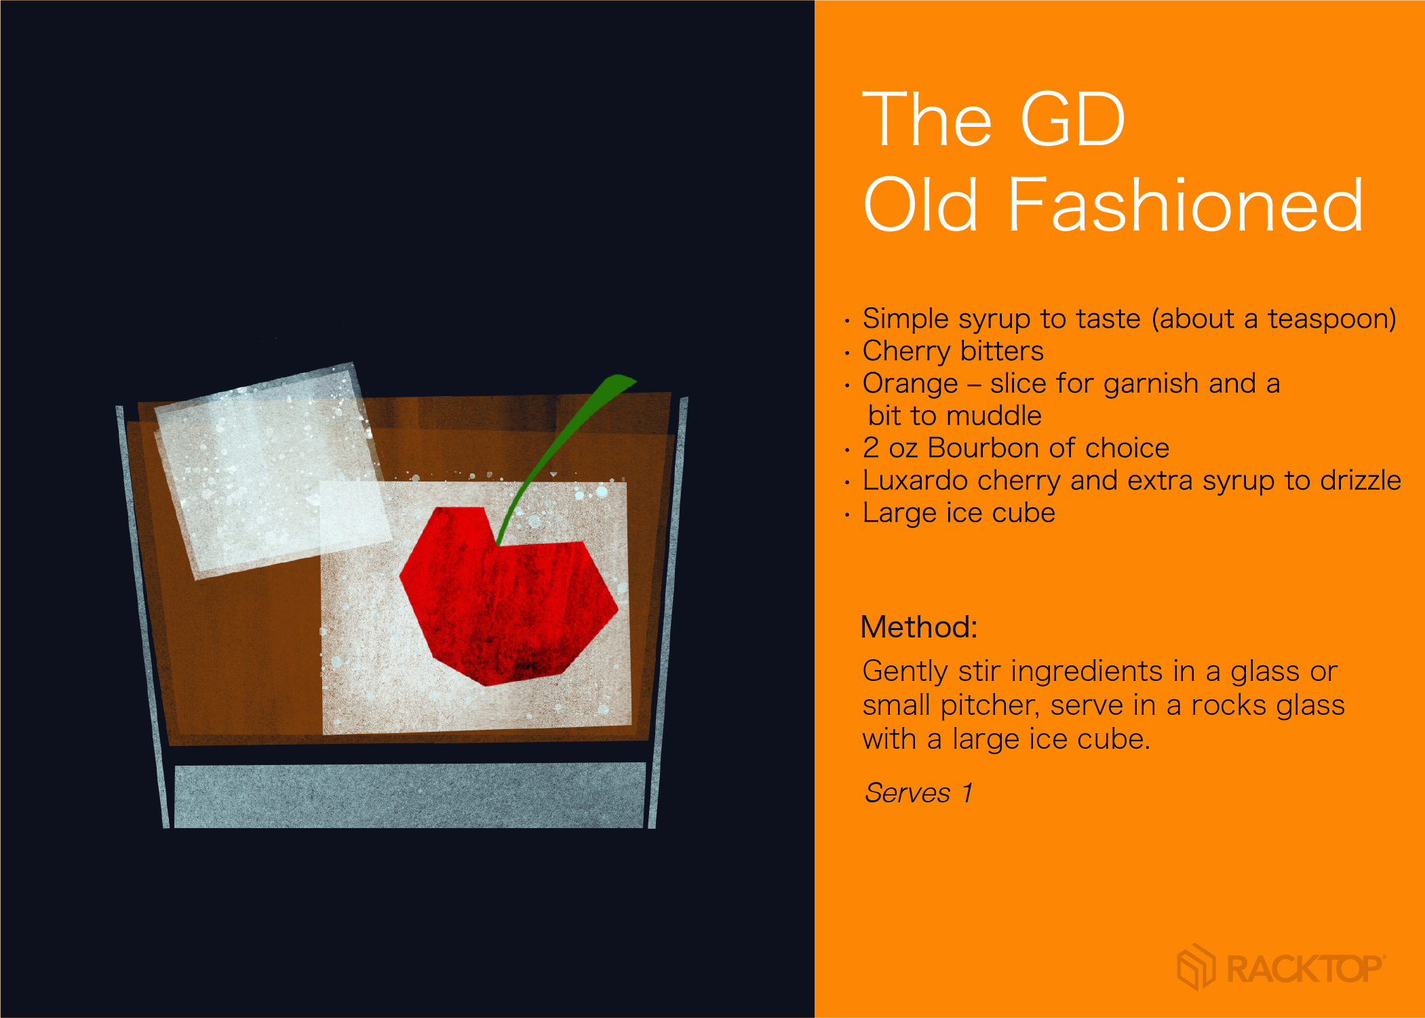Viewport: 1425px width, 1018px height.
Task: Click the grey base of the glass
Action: pyautogui.click(x=410, y=795)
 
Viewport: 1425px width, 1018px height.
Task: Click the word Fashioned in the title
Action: pyautogui.click(x=1186, y=204)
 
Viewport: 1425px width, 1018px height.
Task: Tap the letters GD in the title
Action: pyautogui.click(x=1072, y=119)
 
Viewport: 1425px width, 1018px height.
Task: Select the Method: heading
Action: pyautogui.click(x=919, y=627)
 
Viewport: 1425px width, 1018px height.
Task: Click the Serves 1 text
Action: pyautogui.click(x=919, y=792)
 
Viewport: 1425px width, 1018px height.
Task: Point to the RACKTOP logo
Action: pyautogui.click(x=1281, y=967)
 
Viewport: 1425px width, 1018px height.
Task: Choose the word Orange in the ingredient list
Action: pyautogui.click(x=910, y=384)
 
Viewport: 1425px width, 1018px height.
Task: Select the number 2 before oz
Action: pyautogui.click(x=871, y=448)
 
